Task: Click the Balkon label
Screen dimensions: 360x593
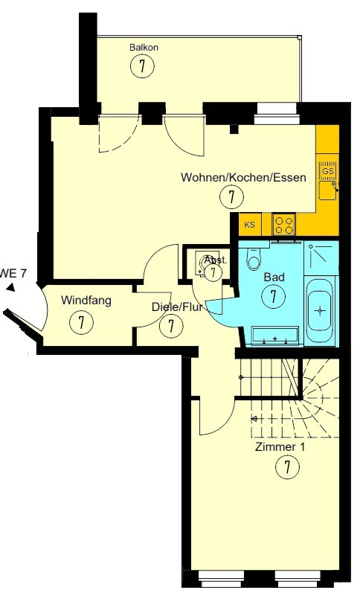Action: coord(144,48)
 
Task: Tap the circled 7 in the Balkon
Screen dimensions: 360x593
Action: coord(142,66)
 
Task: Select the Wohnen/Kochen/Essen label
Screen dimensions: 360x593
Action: coord(243,177)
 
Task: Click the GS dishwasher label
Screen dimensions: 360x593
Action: coord(328,171)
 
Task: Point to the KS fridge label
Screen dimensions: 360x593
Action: coord(250,225)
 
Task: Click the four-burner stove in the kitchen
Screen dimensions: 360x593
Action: coord(284,225)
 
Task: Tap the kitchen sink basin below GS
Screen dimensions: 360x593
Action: coord(328,190)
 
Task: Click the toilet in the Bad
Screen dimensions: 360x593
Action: coord(254,257)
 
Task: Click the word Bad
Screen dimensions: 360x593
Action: coord(274,278)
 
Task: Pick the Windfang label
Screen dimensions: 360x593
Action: coord(86,301)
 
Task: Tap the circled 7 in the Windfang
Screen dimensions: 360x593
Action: coord(81,322)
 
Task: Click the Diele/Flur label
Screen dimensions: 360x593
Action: coord(177,307)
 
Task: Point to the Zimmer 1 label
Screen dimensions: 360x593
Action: coord(280,447)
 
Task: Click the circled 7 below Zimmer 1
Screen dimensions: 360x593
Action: coord(287,467)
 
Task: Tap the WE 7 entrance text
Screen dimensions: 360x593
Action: coord(13,273)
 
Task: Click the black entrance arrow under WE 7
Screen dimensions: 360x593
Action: coord(10,288)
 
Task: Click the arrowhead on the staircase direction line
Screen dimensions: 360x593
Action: coord(254,419)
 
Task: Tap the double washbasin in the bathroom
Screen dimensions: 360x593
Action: coord(275,337)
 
